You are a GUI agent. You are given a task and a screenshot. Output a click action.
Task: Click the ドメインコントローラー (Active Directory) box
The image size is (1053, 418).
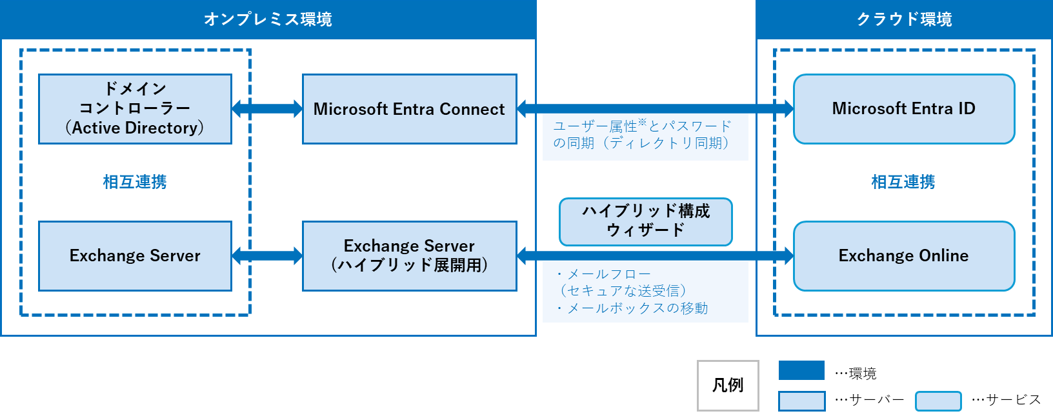click(135, 108)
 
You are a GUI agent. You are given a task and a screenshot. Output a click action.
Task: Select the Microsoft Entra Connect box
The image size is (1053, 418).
click(409, 108)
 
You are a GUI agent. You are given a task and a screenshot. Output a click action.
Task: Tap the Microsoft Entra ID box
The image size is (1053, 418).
click(903, 108)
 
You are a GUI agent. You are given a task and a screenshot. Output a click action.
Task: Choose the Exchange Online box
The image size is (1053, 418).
click(903, 255)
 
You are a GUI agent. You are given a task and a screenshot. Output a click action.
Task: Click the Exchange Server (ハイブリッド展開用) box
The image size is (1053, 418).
click(409, 255)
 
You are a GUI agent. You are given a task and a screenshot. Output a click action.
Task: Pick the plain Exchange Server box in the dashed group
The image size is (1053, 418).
click(135, 255)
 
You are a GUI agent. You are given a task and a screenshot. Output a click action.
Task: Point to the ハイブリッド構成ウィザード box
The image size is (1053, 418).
click(645, 221)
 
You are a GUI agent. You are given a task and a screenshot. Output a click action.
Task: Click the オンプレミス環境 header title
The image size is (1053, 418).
click(268, 19)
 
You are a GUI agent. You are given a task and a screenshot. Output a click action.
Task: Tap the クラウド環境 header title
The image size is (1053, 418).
click(904, 19)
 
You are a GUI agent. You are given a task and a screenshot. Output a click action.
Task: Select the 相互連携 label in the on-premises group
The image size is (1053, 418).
click(135, 182)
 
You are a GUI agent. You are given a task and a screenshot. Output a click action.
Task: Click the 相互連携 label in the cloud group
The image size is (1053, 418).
click(903, 182)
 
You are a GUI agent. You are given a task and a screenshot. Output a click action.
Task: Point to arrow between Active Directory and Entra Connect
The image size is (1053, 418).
click(267, 108)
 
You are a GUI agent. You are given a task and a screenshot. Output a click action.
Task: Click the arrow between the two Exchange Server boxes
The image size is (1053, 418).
click(267, 255)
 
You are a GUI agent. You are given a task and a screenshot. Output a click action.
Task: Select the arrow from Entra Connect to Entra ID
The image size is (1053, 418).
click(655, 108)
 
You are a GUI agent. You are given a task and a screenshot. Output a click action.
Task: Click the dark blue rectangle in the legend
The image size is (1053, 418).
click(801, 370)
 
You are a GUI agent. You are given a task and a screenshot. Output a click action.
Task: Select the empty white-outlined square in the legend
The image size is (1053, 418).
click(728, 386)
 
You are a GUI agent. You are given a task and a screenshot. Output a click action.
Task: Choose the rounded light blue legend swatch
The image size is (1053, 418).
click(938, 401)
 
